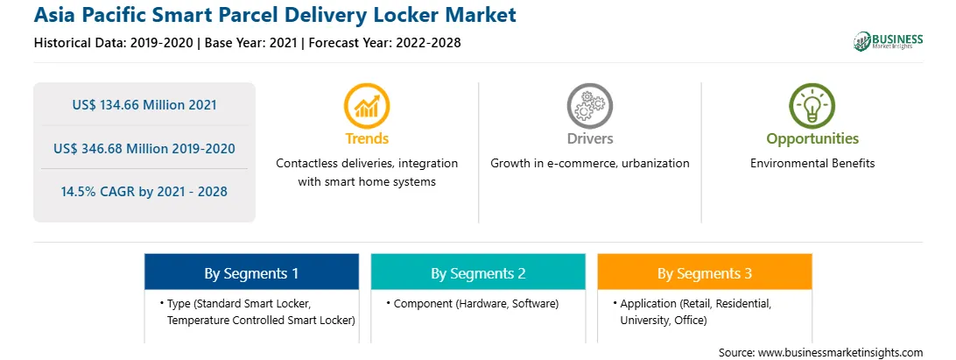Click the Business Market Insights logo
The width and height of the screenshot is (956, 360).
888,41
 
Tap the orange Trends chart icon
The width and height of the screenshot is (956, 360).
367,105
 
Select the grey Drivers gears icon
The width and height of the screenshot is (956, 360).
589,105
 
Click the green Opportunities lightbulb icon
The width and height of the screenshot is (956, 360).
812,105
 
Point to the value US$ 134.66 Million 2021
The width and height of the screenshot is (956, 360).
144,105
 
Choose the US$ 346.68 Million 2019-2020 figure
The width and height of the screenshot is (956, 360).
144,148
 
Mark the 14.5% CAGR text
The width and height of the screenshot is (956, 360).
144,192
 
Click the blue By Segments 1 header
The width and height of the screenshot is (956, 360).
251,273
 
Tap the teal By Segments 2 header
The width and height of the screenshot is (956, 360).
478,273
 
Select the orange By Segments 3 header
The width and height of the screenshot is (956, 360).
705,273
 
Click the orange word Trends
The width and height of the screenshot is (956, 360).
367,138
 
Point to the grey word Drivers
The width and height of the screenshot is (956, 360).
590,138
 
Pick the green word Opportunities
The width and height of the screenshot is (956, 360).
812,139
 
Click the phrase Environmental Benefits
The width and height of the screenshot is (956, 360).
812,164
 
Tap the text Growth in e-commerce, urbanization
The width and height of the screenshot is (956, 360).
590,164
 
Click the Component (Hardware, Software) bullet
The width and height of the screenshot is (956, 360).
473,303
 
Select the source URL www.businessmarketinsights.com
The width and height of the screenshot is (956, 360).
840,353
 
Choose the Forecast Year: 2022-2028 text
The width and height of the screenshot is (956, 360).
383,43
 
